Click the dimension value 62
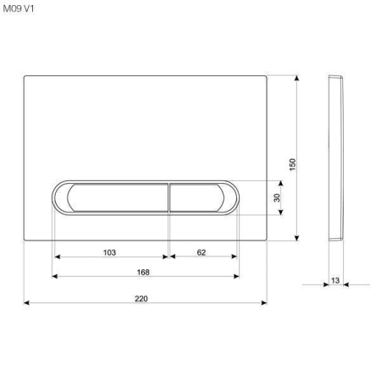click(x=201, y=252)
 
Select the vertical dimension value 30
click(x=276, y=198)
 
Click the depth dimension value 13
click(x=336, y=279)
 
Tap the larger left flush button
click(x=111, y=198)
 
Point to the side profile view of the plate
click(x=335, y=158)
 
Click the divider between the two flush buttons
click(x=168, y=198)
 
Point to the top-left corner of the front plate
click(x=25, y=75)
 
